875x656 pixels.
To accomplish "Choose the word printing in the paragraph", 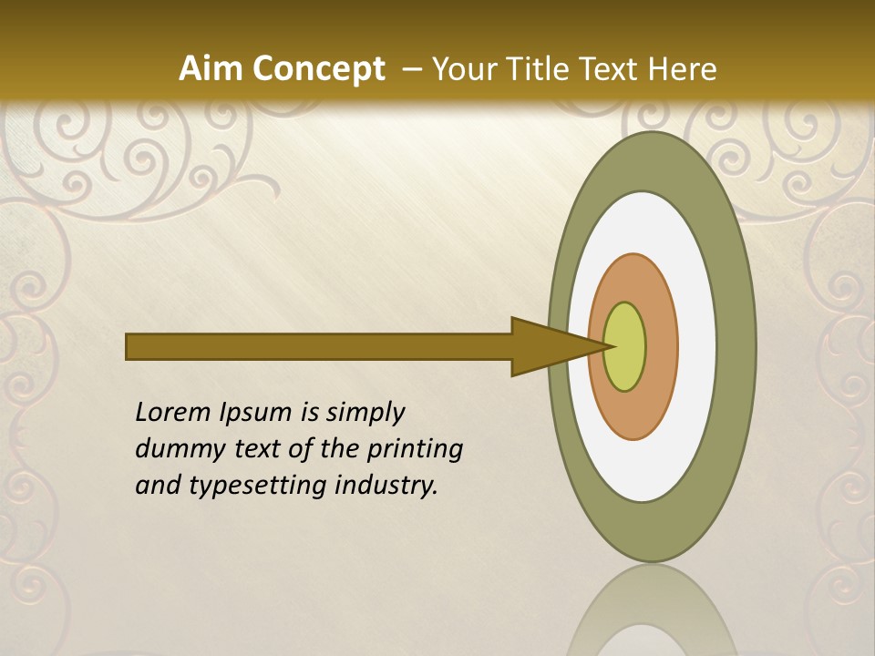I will pyautogui.click(x=415, y=450).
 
